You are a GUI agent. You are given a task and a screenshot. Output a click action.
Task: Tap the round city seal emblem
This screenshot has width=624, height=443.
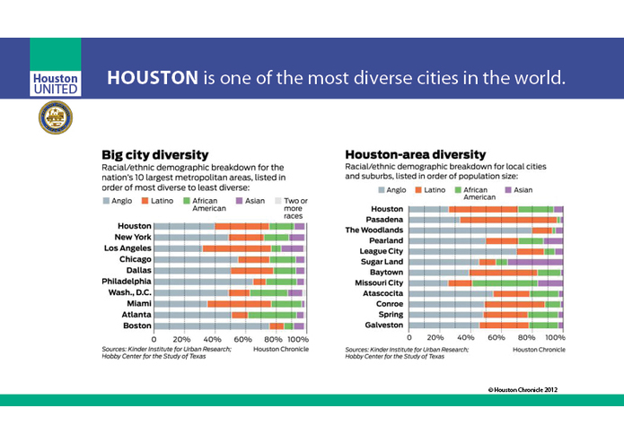(x=55, y=117)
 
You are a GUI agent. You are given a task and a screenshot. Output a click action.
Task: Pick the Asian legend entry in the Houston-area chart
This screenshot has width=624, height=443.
(x=518, y=190)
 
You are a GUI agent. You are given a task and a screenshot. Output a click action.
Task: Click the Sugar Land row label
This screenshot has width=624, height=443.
(x=382, y=262)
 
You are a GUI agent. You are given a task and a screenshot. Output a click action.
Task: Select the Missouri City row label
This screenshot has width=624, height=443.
(x=378, y=282)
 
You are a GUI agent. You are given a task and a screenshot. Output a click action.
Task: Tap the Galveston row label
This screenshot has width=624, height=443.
(x=382, y=325)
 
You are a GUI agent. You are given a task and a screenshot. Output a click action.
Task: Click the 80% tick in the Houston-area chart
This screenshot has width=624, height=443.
(x=526, y=338)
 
